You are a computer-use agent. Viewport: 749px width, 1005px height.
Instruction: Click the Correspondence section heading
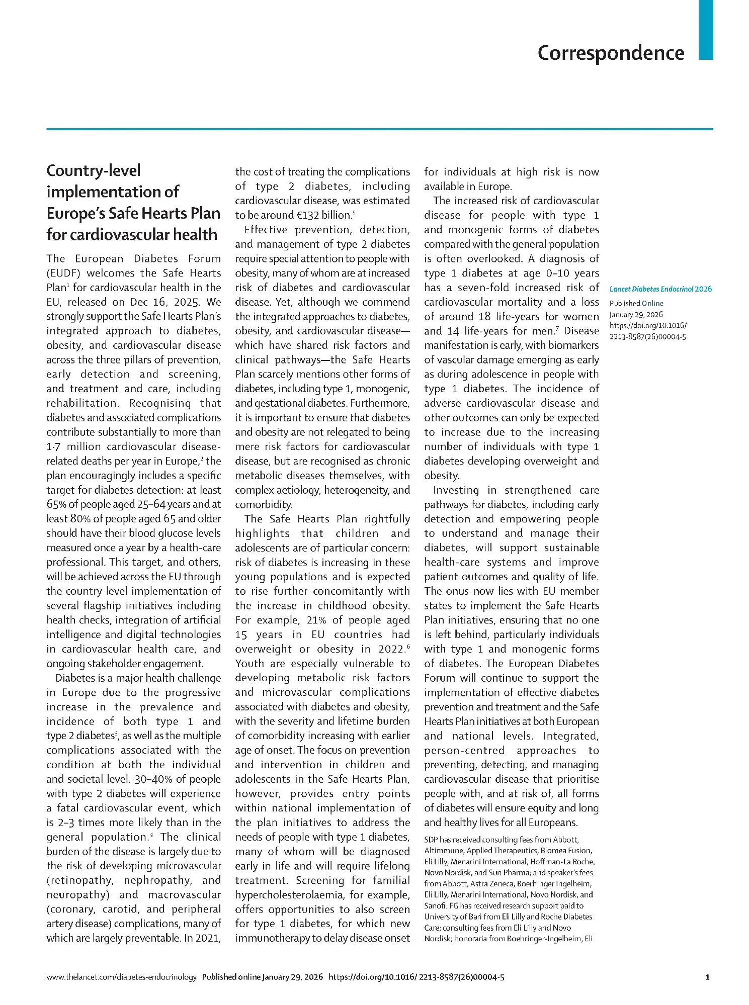pos(610,53)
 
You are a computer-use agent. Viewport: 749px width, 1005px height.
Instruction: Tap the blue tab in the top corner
pos(705,30)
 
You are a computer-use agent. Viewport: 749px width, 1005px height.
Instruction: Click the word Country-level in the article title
pos(94,170)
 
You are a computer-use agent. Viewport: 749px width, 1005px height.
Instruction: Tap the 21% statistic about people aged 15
pos(316,620)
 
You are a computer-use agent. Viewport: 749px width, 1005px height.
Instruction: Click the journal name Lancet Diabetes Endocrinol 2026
pos(660,289)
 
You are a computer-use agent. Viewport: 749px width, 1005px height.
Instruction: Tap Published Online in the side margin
pos(636,303)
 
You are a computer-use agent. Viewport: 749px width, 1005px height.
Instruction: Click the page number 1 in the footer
pos(708,977)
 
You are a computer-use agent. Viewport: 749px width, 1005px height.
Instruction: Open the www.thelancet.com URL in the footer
pos(121,977)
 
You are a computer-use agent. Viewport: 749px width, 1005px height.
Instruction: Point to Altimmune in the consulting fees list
pos(443,851)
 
